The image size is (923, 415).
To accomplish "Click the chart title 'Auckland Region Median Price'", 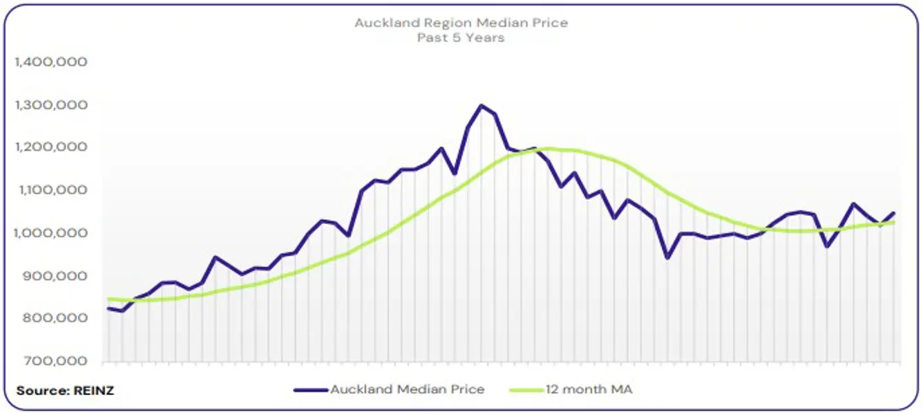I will tap(461, 23).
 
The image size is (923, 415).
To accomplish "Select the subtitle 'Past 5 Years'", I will tap(461, 37).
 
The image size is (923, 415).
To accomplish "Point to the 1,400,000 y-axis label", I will tap(51, 62).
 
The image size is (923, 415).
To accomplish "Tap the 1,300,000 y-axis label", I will tap(51, 105).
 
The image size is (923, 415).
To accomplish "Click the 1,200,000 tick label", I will tap(51, 147).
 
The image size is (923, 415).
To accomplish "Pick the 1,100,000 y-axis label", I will tap(51, 190).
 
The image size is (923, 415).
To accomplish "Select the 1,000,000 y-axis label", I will tap(51, 233).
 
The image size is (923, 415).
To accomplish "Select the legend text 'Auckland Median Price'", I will tap(407, 389).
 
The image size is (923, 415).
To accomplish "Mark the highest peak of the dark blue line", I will tap(482, 106).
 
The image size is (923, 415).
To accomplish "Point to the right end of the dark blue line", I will tap(894, 213).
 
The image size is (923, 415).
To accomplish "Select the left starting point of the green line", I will tap(109, 299).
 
